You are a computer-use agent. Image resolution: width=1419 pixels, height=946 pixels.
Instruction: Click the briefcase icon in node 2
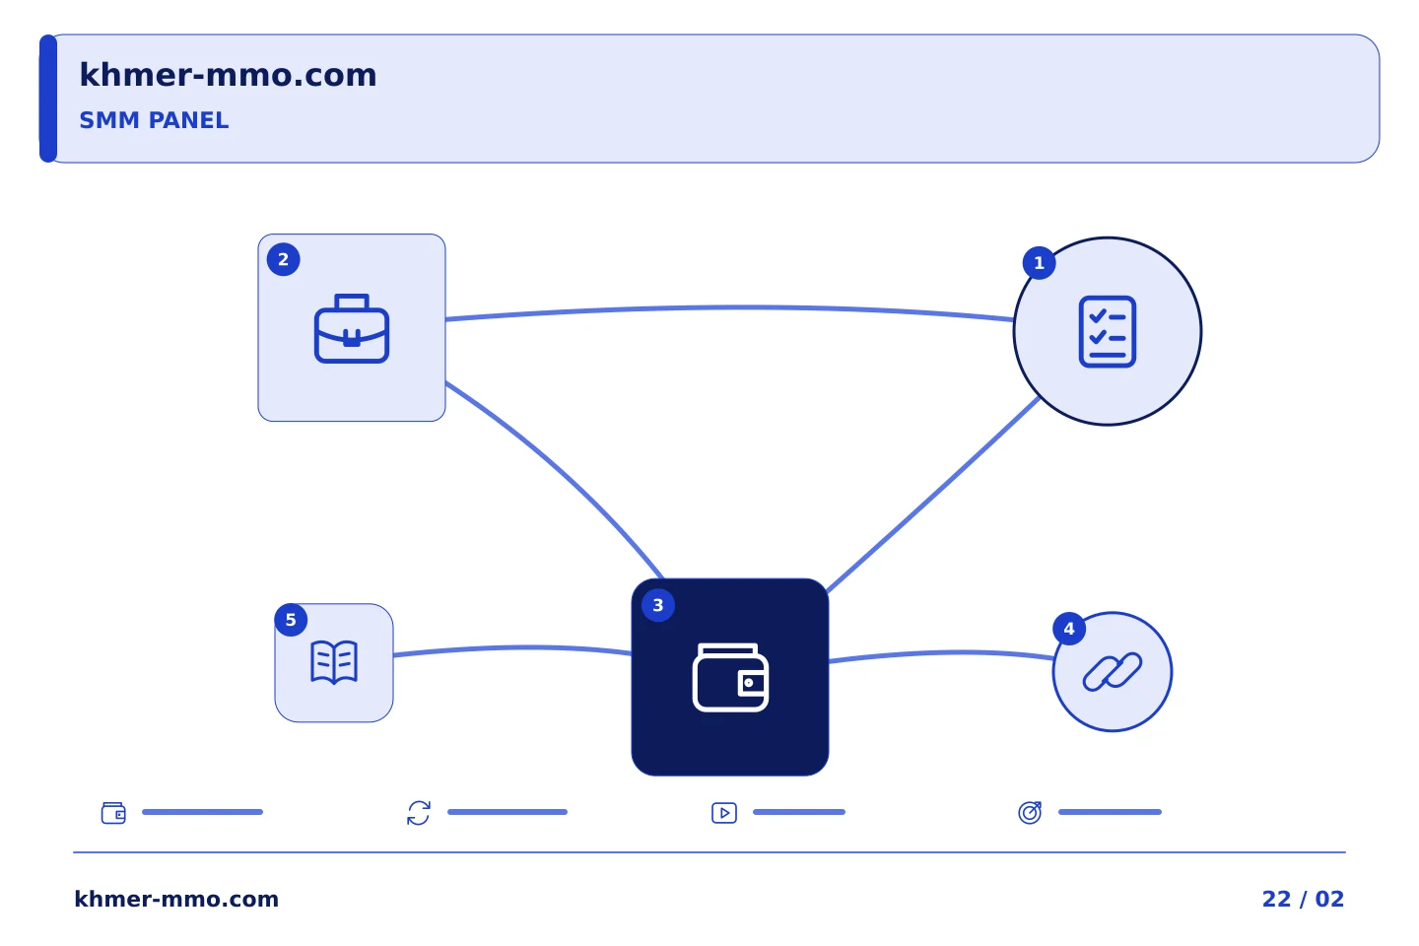[x=352, y=328]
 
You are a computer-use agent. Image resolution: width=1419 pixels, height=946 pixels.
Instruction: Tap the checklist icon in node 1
[x=1108, y=331]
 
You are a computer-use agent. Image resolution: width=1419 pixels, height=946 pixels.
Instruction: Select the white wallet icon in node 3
[x=730, y=677]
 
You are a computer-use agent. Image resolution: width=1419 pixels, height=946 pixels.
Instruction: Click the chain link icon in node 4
[x=1113, y=672]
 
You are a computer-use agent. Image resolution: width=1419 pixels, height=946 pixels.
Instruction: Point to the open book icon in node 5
[x=334, y=662]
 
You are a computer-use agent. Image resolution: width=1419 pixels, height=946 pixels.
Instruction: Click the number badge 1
[x=1039, y=263]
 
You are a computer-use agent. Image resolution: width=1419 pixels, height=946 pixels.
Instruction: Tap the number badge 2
[x=283, y=259]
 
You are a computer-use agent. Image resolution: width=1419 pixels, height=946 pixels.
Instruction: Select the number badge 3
[x=658, y=605]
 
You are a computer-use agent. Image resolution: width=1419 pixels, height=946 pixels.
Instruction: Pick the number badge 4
[x=1069, y=629]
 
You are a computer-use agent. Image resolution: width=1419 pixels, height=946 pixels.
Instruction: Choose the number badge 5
[x=291, y=620]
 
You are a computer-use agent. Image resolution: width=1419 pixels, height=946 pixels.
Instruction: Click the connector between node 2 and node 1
[x=730, y=307]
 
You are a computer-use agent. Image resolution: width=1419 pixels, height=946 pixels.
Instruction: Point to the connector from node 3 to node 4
[x=941, y=652]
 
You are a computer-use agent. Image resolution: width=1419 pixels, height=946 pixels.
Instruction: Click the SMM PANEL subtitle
[x=154, y=120]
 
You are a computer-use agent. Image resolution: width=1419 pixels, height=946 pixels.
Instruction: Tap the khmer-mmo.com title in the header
[x=228, y=75]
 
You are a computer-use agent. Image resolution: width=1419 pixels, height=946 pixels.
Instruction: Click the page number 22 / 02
[x=1303, y=899]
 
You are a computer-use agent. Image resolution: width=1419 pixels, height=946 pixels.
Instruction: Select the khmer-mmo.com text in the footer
[x=176, y=899]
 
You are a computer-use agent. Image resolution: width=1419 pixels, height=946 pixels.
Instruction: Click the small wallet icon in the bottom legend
[x=113, y=813]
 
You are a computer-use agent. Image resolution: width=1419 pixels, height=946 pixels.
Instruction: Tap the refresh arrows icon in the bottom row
[x=419, y=813]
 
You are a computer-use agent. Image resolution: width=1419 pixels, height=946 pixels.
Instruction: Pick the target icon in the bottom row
[x=1030, y=812]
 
